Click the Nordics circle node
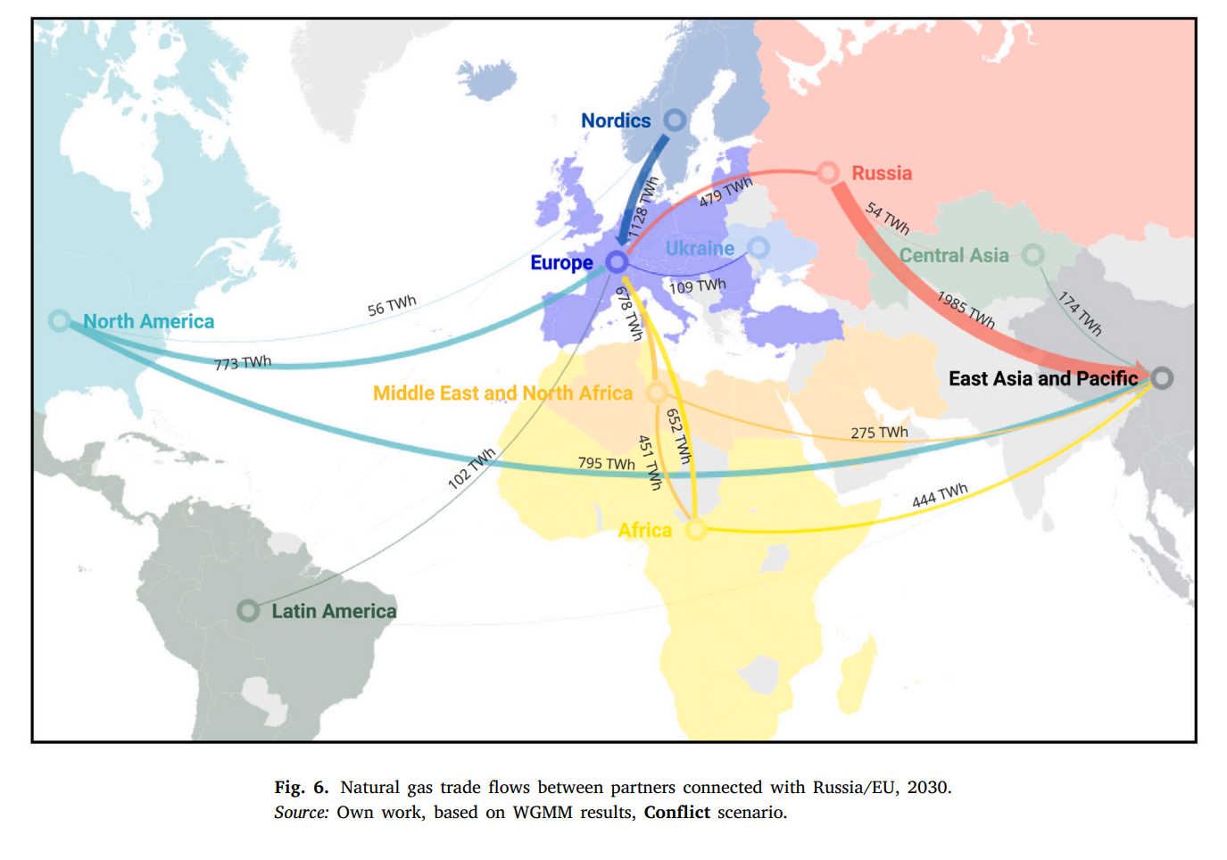(x=676, y=120)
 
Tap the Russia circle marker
(x=829, y=172)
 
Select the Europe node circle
(x=617, y=262)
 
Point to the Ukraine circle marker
(x=759, y=247)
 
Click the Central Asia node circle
(x=1032, y=255)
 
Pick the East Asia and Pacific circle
(x=1161, y=377)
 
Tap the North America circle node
(x=60, y=320)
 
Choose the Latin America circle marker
(x=248, y=610)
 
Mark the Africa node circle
(x=695, y=530)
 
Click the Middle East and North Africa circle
(x=657, y=393)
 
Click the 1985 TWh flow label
(x=966, y=310)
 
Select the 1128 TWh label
(x=643, y=207)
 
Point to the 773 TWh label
(x=243, y=362)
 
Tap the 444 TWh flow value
(x=940, y=495)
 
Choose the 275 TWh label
(x=879, y=433)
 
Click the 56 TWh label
(x=392, y=305)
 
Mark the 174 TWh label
(x=1080, y=313)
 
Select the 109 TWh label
(x=697, y=285)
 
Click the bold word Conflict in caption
(x=677, y=812)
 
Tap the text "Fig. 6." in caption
(x=302, y=787)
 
